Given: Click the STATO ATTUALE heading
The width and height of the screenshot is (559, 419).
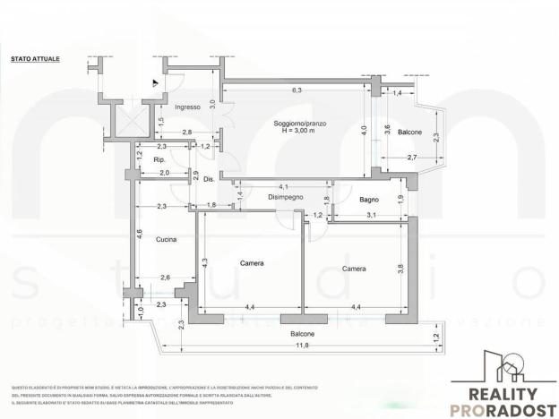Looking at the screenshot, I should coord(36,58).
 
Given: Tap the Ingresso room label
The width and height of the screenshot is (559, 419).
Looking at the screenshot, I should coord(187,107).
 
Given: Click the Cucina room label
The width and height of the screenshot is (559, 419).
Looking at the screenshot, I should coord(165,239).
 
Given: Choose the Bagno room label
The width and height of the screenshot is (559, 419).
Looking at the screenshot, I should coord(370,200).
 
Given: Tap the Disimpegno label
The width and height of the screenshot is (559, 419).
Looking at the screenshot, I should coord(285,196).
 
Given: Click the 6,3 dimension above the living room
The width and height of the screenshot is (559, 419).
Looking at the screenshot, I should coord(297,90).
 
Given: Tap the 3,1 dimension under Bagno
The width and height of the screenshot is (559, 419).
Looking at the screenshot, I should coord(371,215).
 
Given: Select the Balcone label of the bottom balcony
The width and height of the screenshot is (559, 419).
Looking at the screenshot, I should coord(302,334).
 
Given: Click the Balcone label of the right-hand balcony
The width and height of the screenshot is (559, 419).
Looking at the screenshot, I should coord(410,132).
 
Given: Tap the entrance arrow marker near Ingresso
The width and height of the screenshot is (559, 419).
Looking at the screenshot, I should coord(155,82).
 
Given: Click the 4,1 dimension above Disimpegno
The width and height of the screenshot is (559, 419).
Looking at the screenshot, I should coord(283,186).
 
